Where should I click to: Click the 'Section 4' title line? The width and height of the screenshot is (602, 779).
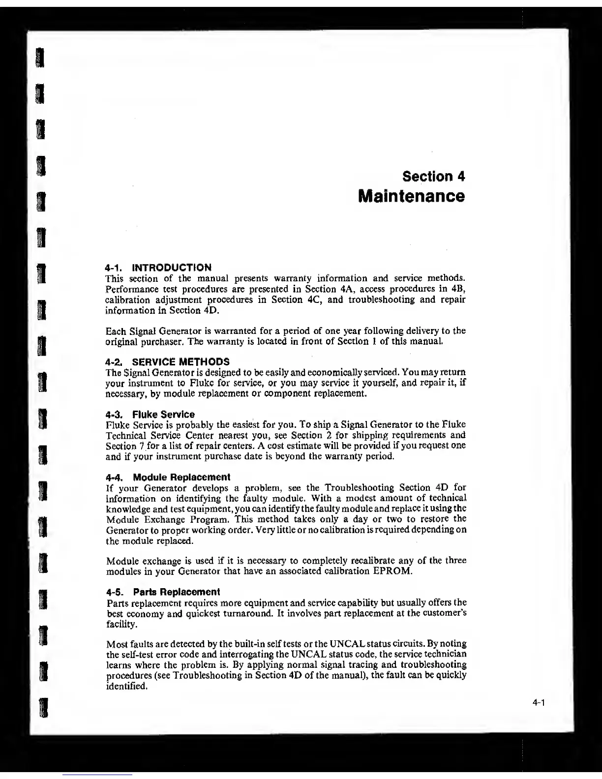[x=433, y=176]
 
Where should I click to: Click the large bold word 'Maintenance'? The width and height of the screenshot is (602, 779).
[x=411, y=196]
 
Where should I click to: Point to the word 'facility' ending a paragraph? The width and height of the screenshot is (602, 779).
[x=120, y=624]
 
